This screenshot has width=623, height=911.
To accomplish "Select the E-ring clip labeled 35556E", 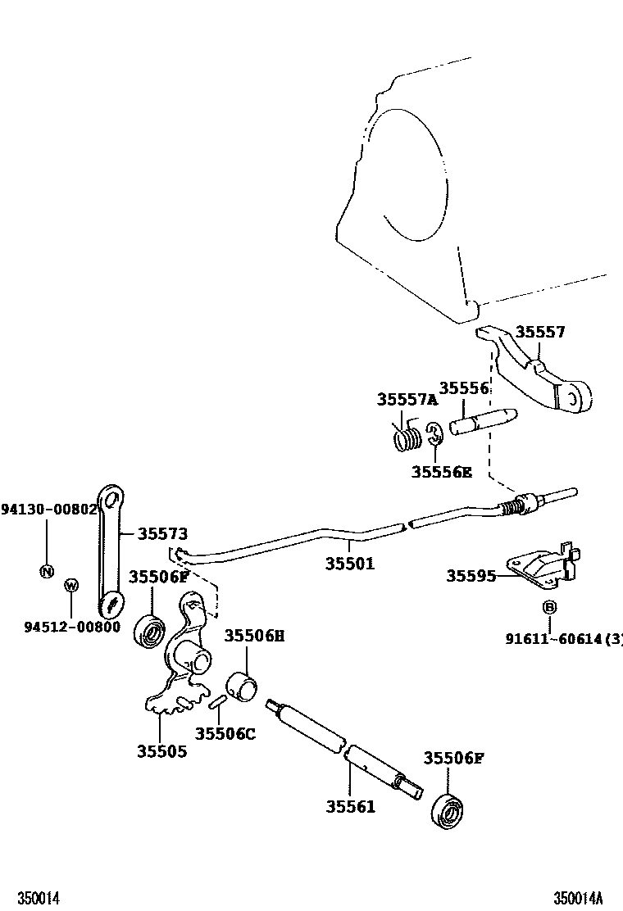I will tap(434, 433).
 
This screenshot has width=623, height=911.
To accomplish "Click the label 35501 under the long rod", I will tap(349, 564).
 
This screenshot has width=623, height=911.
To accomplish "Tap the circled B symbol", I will tap(548, 607).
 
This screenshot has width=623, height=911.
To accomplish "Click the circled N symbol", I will tap(47, 571).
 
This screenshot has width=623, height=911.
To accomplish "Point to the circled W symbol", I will tap(71, 585).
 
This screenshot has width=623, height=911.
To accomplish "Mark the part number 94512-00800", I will tap(71, 627).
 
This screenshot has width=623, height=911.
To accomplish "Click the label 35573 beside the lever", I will tap(161, 533).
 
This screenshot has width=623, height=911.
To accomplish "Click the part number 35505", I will tap(161, 750).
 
